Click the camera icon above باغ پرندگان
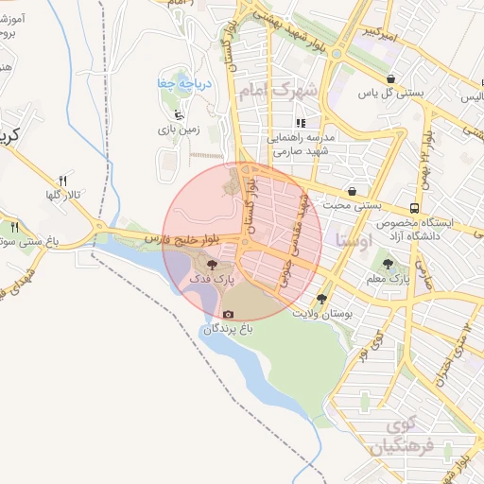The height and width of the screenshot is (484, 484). [228, 314]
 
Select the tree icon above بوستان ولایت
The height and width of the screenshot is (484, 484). [322, 299]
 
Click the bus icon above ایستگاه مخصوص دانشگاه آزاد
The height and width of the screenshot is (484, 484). [415, 208]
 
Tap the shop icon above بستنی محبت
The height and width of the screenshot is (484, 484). [352, 191]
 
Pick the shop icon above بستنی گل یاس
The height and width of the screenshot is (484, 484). [390, 78]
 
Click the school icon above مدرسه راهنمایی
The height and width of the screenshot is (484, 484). [301, 123]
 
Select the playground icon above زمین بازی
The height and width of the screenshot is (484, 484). [167, 115]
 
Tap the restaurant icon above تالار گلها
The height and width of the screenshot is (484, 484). [63, 181]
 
